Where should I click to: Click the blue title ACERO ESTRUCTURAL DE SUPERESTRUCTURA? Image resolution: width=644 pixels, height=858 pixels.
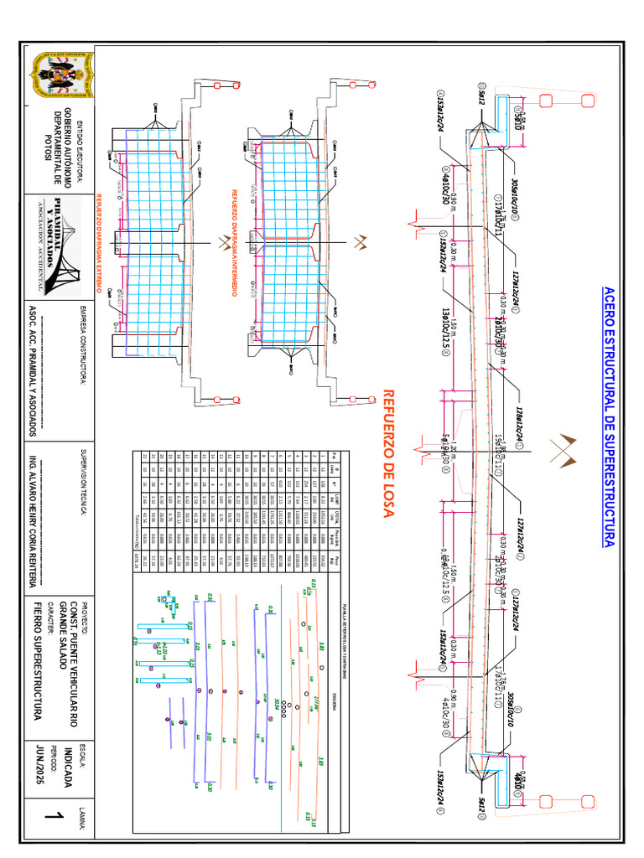click(x=610, y=416)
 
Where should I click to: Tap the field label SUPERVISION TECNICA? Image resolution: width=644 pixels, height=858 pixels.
click(x=84, y=484)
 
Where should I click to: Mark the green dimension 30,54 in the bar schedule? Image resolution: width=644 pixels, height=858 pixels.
click(x=274, y=707)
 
